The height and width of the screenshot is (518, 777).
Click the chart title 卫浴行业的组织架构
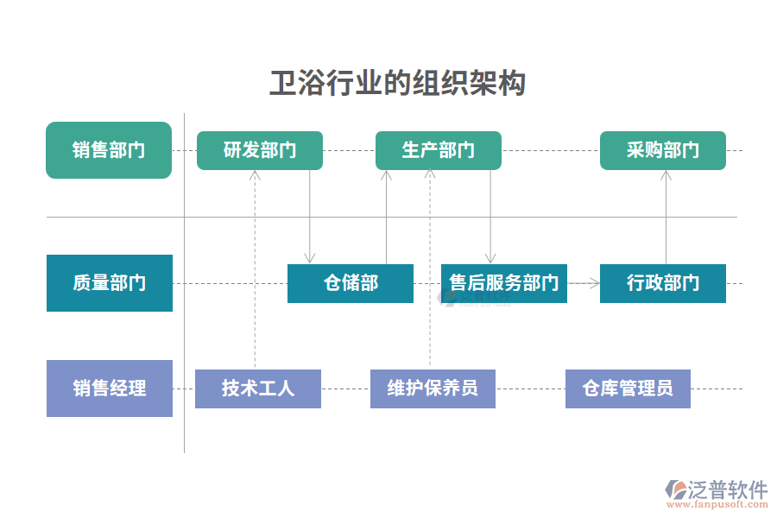point(397,84)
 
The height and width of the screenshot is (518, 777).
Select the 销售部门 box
point(109,150)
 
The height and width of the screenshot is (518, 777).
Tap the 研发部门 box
point(260,150)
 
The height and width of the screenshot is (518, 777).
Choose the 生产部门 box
point(438,150)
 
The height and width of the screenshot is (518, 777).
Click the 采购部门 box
point(662,150)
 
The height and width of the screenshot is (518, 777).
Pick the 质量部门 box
point(109,283)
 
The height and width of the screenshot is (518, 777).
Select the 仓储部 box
point(350,283)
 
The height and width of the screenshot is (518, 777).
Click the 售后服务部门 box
point(503,283)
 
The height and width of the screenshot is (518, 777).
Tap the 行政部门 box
point(662,283)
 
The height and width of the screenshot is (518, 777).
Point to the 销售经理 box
point(109,388)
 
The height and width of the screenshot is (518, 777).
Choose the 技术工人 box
point(257,388)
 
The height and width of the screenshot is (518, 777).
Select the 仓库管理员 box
point(628,388)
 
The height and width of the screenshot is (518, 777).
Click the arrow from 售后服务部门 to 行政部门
point(584,282)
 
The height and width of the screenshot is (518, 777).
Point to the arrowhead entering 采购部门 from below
point(666,175)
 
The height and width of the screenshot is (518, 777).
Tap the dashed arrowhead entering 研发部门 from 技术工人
point(255,175)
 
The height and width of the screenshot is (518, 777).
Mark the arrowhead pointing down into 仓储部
point(310,257)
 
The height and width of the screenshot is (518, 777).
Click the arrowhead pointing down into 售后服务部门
point(490,257)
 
